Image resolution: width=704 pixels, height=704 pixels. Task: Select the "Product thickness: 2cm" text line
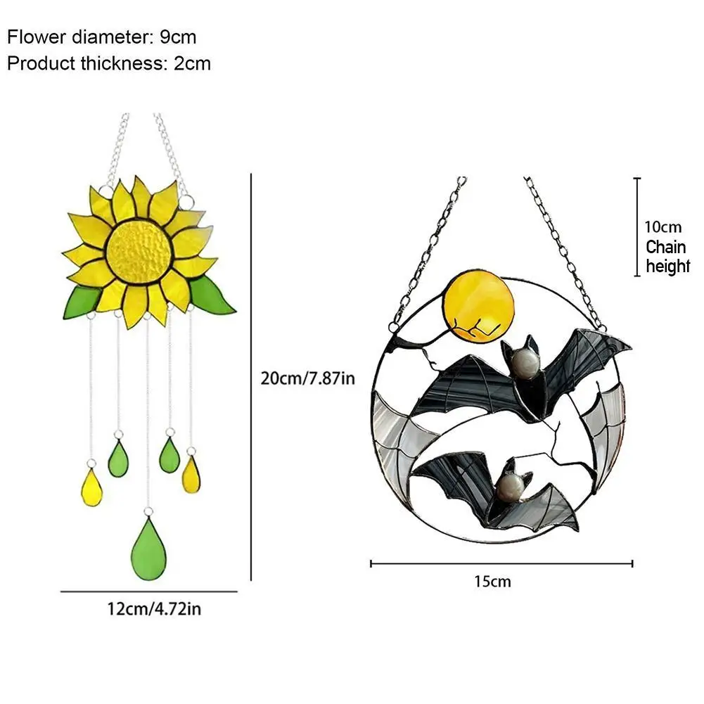coord(109,63)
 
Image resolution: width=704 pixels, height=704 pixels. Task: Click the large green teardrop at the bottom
coord(148,549)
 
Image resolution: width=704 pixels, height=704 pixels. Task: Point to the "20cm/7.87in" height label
coord(307,378)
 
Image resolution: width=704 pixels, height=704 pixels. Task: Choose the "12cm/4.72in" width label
coord(154,608)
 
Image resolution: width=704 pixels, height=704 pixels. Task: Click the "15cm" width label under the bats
coord(493,582)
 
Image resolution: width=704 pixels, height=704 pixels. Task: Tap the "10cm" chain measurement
coord(663,227)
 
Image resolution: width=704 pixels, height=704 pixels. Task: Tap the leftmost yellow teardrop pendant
coord(92,487)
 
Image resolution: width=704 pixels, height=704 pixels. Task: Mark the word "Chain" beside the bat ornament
coord(666,247)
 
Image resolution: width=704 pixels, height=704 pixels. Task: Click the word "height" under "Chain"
coord(668,267)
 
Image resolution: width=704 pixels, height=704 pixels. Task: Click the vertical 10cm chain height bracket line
coord(637,226)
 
